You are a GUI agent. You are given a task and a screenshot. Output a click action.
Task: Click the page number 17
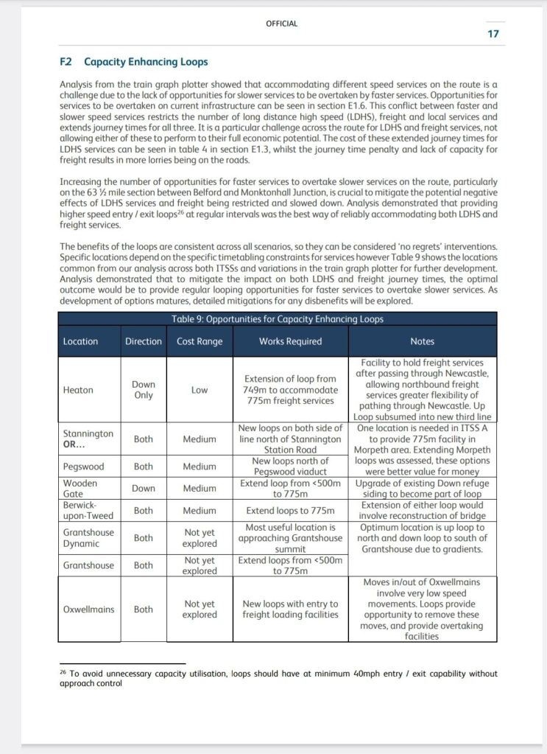493,34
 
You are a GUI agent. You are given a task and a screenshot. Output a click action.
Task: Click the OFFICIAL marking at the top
281,24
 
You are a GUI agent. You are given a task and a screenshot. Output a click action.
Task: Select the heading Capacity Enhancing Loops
146,62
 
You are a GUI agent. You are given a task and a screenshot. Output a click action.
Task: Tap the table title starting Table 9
277,319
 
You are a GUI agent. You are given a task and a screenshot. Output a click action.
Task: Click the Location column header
80,341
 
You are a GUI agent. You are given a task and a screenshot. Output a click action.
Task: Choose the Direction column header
144,341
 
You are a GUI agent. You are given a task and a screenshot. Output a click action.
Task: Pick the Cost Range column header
200,341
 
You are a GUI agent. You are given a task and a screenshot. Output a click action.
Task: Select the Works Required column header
290,341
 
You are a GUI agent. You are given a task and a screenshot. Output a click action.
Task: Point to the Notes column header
422,341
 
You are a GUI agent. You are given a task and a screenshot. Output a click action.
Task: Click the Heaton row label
78,390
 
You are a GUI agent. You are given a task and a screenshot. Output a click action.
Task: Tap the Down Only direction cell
144,390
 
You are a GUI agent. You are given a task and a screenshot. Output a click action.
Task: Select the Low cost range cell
200,390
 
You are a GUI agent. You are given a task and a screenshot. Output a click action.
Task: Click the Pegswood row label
82,467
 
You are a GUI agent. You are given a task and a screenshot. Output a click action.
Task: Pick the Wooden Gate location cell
80,488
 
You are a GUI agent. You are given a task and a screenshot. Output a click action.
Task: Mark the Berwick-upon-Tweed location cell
88,510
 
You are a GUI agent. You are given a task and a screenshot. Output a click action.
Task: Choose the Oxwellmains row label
87,610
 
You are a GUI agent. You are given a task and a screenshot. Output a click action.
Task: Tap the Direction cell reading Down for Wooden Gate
144,488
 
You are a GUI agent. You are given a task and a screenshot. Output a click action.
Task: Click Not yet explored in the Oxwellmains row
200,610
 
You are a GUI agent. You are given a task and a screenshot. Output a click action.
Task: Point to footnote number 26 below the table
63,672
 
